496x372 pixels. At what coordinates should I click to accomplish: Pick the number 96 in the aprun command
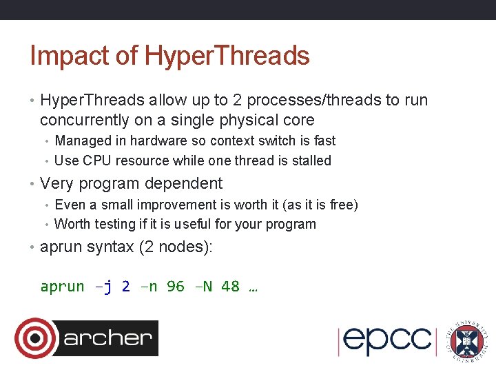tap(176, 287)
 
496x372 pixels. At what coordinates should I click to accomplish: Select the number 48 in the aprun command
tap(230, 287)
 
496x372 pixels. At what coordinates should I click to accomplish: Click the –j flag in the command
tap(103, 287)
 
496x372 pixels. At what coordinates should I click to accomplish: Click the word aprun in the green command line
tap(62, 287)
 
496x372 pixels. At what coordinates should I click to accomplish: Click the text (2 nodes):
tap(176, 247)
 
